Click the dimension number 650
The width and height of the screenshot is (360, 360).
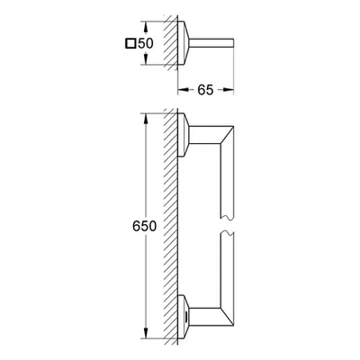click(x=144, y=226)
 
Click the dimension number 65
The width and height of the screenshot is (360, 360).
click(x=205, y=90)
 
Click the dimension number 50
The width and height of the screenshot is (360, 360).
click(x=146, y=43)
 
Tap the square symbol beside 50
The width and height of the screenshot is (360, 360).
click(x=130, y=43)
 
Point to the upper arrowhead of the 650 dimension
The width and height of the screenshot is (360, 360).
click(x=146, y=119)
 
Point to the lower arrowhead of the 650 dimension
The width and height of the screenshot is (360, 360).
click(x=146, y=333)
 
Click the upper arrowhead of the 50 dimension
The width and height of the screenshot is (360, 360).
click(x=146, y=27)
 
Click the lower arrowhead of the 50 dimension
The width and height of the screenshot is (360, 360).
click(x=146, y=59)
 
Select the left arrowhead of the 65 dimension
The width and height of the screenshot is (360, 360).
click(x=184, y=90)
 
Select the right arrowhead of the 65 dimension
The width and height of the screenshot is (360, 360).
click(x=229, y=90)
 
